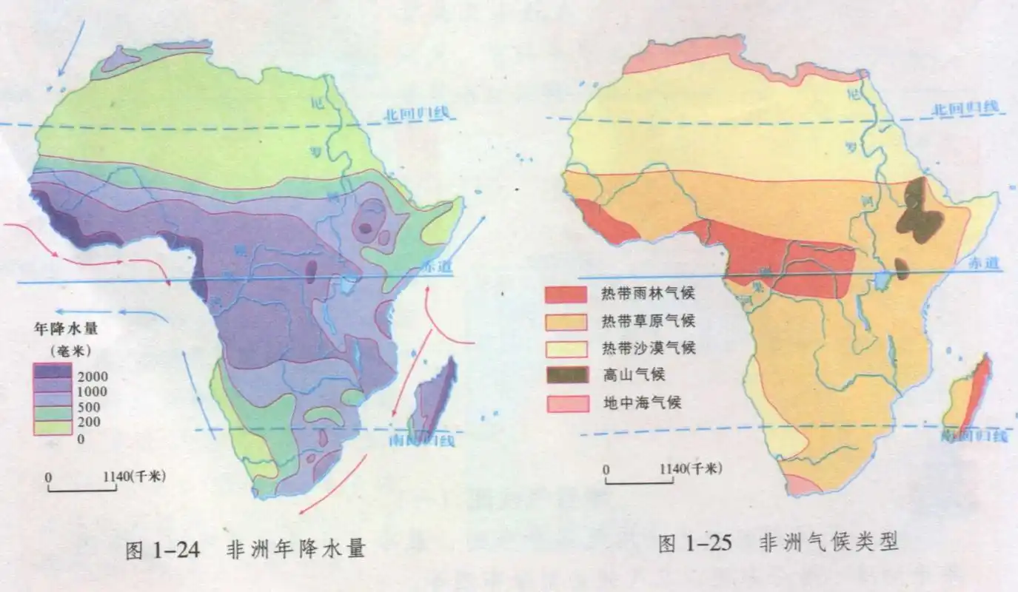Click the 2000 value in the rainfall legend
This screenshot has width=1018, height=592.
(x=93, y=374)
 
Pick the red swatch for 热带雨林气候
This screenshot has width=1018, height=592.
(x=566, y=295)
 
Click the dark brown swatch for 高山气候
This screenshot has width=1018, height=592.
(x=566, y=375)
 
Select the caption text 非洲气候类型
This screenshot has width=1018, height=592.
(x=828, y=542)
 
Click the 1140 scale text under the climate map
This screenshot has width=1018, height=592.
(x=672, y=468)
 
